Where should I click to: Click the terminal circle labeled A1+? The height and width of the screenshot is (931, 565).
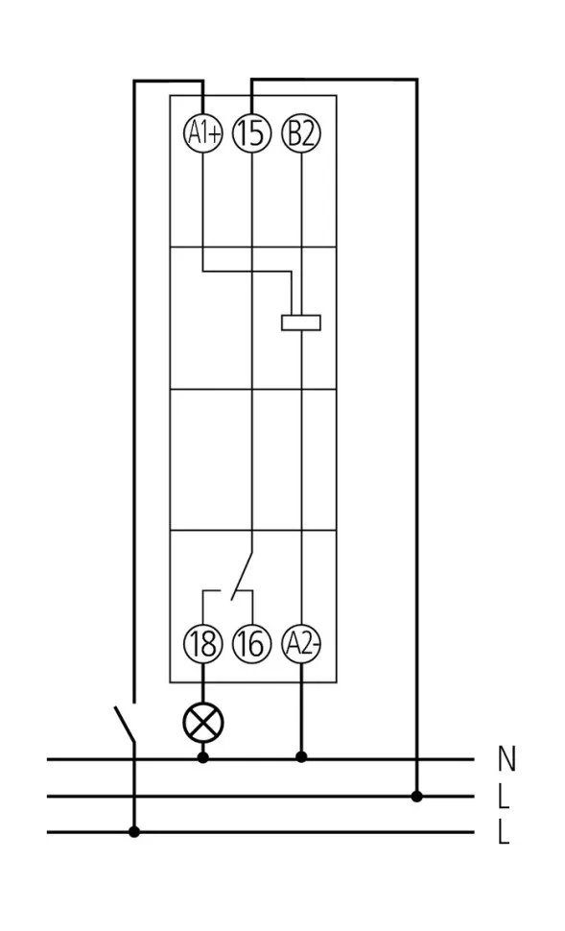(203, 133)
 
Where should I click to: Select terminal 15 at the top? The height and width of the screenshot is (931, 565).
(252, 133)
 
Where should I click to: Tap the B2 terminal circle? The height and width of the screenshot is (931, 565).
(301, 133)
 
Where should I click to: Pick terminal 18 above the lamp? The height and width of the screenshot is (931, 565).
(203, 644)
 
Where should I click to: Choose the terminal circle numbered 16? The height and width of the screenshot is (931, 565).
(252, 644)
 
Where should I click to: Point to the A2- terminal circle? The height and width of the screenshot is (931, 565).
(301, 644)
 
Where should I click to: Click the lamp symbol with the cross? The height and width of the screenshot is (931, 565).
(203, 723)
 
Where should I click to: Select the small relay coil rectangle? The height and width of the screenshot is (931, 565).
(301, 322)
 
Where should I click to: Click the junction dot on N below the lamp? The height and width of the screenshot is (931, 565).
(203, 757)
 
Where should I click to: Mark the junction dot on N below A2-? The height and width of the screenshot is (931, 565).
(301, 756)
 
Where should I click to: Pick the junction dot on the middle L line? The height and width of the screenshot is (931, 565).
(417, 797)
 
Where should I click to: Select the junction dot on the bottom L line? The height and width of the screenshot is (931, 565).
(134, 832)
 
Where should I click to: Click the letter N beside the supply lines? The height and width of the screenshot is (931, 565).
(506, 758)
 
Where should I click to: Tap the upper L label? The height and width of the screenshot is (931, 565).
(504, 797)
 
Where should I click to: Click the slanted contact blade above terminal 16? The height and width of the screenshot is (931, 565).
(242, 576)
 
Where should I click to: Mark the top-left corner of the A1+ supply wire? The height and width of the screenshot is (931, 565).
(134, 81)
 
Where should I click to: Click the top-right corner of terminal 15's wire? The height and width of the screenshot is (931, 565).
(416, 79)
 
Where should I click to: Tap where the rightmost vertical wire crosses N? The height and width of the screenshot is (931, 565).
(416, 759)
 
